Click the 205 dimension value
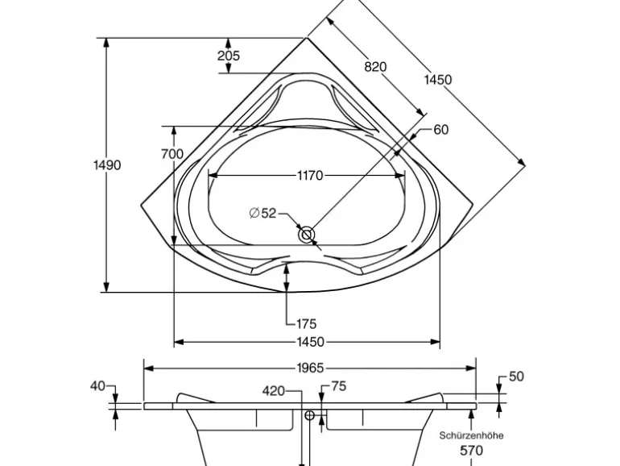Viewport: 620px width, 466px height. tap(229, 56)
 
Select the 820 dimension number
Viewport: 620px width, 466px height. tap(375, 67)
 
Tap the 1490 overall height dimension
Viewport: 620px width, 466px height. tap(106, 165)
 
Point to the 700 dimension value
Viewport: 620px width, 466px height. tap(172, 154)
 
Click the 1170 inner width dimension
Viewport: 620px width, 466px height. tap(309, 175)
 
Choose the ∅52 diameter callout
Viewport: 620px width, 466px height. tap(262, 213)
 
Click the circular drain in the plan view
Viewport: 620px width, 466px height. tap(307, 235)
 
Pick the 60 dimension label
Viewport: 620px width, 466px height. tap(440, 130)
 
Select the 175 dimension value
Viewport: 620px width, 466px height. tap(306, 324)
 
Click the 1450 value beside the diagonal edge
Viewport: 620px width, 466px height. tap(438, 79)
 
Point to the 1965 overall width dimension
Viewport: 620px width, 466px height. tap(309, 368)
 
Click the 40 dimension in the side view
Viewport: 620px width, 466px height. tap(97, 386)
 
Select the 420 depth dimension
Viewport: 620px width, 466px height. tap(274, 391)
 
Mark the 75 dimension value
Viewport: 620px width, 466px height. tap(338, 387)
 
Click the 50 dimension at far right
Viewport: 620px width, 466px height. tap(516, 377)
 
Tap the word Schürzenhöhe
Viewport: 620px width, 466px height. tap(472, 435)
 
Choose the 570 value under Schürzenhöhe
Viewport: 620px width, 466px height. tap(471, 451)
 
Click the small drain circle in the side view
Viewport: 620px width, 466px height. tap(308, 416)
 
